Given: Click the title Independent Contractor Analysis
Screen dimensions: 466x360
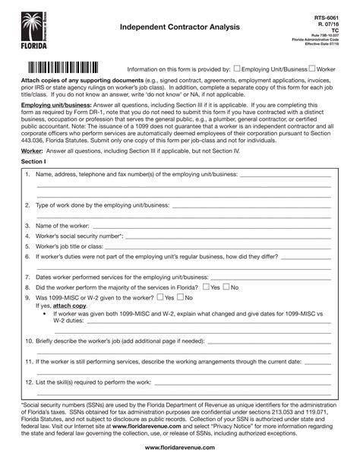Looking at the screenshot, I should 179,27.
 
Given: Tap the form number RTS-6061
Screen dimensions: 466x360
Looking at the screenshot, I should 327,17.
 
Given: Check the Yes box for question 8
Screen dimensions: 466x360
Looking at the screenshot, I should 205,287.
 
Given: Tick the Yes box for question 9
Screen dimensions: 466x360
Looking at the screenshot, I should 178,299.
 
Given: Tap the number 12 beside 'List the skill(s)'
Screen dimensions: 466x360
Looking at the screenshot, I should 28,382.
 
